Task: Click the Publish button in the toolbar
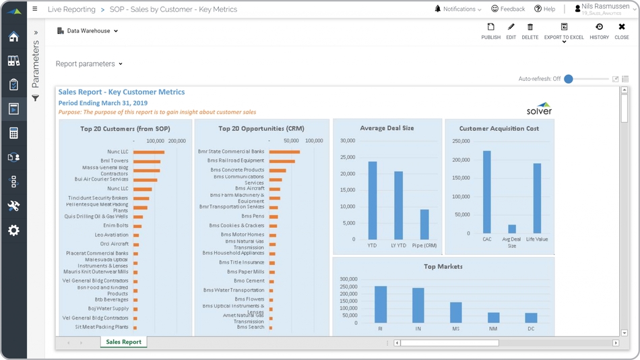click(490, 31)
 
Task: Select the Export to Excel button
click(564, 31)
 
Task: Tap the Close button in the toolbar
click(621, 31)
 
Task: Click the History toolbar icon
click(599, 31)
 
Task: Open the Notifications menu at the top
click(458, 9)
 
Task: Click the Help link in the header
click(544, 9)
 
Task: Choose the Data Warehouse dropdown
click(88, 31)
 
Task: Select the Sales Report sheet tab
click(123, 342)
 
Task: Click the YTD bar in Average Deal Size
click(373, 200)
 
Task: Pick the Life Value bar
click(537, 198)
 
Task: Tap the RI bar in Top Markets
click(381, 305)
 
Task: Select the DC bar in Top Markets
click(531, 318)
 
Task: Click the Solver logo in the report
click(539, 109)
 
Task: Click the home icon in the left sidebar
click(13, 36)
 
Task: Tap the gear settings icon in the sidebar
click(13, 231)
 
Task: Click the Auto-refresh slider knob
click(569, 79)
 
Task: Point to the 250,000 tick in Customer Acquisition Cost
click(461, 142)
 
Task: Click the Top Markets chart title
click(443, 266)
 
